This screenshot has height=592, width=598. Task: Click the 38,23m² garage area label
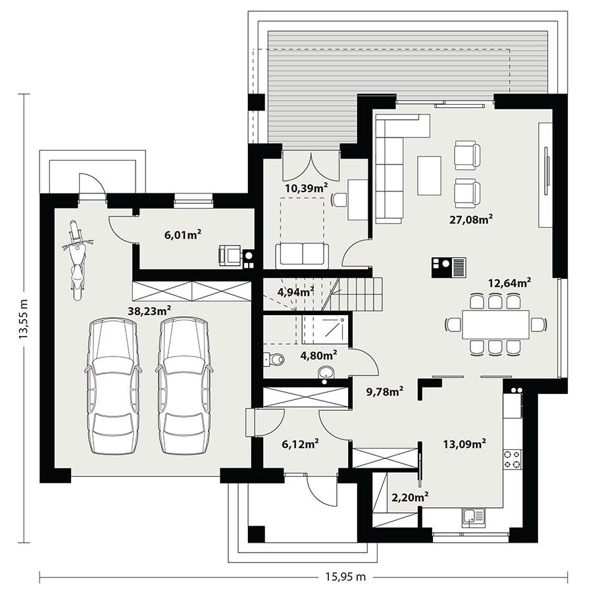click(150, 310)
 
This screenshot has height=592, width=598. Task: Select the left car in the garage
click(113, 387)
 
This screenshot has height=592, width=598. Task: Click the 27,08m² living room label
click(471, 219)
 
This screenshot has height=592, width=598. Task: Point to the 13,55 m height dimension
click(24, 319)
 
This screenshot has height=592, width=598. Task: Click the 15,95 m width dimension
click(345, 578)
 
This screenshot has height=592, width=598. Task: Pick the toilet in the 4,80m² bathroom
click(274, 359)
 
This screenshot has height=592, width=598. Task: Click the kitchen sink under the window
click(472, 518)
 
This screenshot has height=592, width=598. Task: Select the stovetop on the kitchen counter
click(512, 458)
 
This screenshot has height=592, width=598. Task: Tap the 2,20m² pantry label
click(411, 496)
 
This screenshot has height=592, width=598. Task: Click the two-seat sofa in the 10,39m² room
click(301, 254)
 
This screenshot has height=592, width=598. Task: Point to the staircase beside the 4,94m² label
click(355, 294)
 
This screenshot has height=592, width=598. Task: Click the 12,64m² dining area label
click(509, 283)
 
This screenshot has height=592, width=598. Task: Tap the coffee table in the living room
click(430, 175)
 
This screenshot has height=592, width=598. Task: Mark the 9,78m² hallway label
click(384, 392)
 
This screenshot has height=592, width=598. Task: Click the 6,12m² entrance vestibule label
click(300, 444)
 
